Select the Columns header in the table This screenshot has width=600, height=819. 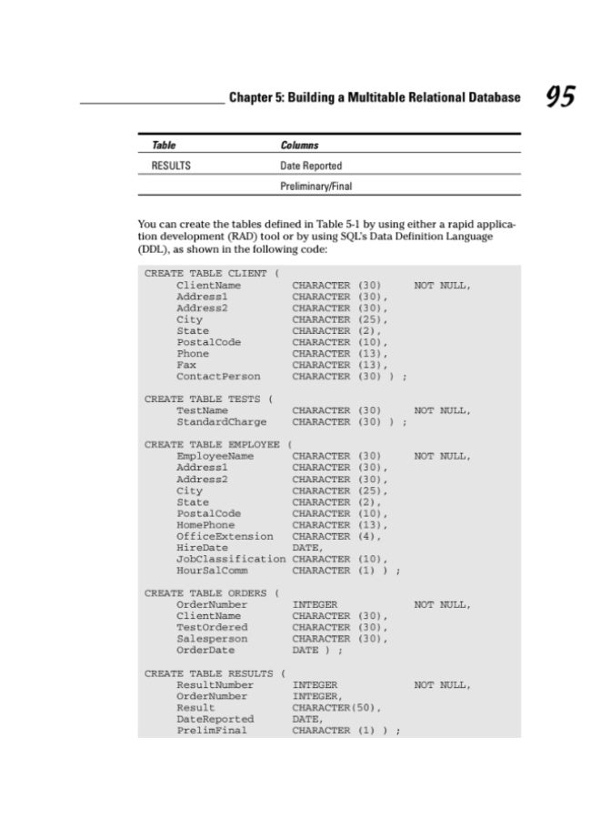pyautogui.click(x=299, y=146)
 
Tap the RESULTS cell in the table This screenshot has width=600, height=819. pyautogui.click(x=170, y=167)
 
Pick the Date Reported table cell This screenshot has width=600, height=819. pyautogui.click(x=311, y=167)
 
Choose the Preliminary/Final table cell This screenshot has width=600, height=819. pyautogui.click(x=315, y=187)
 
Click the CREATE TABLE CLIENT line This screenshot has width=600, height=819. pyautogui.click(x=211, y=274)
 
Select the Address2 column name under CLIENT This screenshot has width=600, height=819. pyautogui.click(x=202, y=308)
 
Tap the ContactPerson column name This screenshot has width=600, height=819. pyautogui.click(x=218, y=377)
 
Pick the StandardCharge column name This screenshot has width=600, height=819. pyautogui.click(x=222, y=422)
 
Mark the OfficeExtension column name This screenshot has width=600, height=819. pyautogui.click(x=225, y=537)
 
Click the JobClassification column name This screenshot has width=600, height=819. pyautogui.click(x=231, y=560)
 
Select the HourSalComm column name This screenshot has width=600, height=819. pyautogui.click(x=212, y=571)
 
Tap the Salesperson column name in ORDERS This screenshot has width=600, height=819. pyautogui.click(x=212, y=639)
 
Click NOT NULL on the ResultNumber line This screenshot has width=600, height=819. pyautogui.click(x=443, y=685)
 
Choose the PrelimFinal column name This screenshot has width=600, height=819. pyautogui.click(x=212, y=731)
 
